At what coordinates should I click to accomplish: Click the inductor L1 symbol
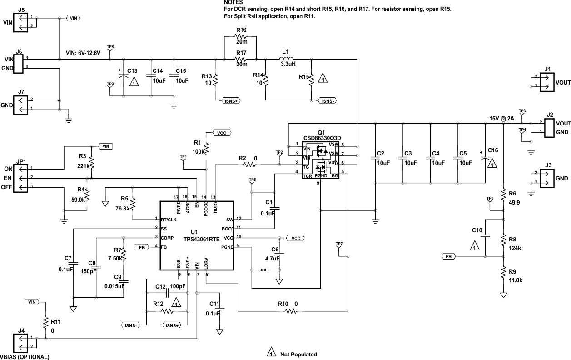point(286,58)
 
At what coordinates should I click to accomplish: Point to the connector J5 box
point(21,22)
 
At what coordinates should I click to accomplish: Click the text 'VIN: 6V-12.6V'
point(83,53)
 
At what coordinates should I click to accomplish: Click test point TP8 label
point(110,47)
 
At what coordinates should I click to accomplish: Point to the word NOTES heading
point(234,2)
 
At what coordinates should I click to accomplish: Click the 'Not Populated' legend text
point(298,354)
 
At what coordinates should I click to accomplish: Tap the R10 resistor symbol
point(291,311)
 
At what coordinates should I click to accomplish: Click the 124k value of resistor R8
point(515,248)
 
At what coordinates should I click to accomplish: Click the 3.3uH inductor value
point(288,65)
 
